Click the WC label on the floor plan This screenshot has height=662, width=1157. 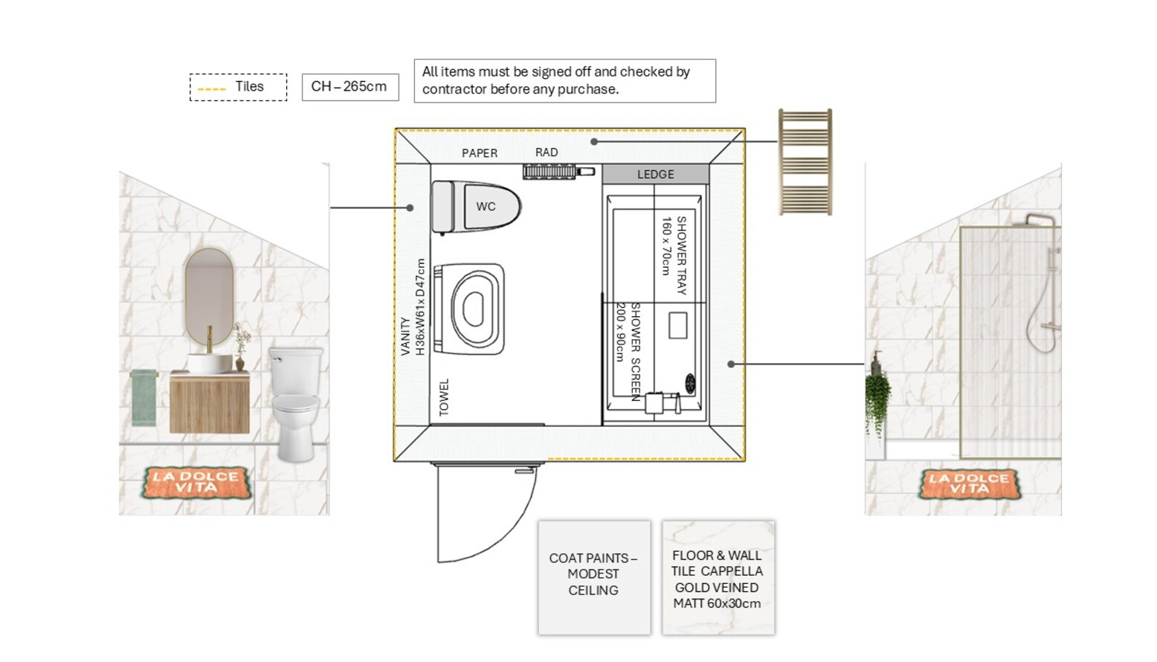tap(486, 207)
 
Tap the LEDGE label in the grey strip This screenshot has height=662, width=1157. tap(656, 175)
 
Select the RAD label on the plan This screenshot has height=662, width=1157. tap(547, 152)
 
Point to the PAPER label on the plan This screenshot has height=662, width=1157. tap(480, 153)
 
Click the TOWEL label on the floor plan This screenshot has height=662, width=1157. tap(444, 397)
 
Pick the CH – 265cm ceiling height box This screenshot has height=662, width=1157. tap(350, 87)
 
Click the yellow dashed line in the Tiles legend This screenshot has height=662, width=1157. tap(212, 89)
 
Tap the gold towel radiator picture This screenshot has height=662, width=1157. tap(805, 161)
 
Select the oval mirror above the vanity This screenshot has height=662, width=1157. tap(209, 296)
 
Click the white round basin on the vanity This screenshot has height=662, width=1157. tap(210, 363)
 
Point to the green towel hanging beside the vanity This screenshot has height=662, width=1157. tap(144, 398)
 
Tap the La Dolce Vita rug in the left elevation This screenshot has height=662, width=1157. tap(197, 483)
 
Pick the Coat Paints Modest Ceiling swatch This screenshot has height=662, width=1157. tap(594, 577)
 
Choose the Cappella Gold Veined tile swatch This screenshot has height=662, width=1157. tap(718, 577)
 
